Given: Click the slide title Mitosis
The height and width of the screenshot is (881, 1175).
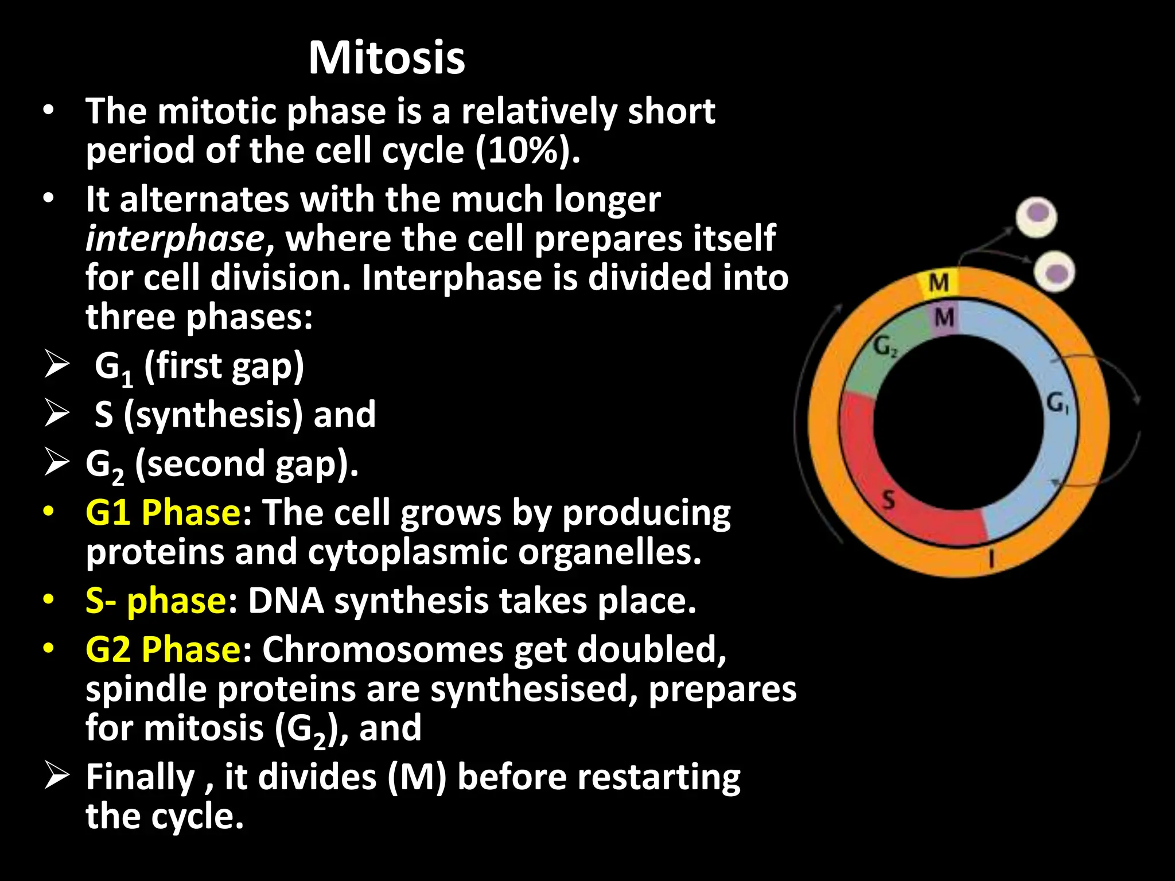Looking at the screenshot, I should [x=386, y=58].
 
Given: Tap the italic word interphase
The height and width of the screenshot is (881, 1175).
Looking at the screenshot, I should [x=174, y=239].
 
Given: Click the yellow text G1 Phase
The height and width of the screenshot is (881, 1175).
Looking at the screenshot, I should [x=162, y=512].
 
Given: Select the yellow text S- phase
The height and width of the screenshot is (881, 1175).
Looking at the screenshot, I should [x=155, y=601].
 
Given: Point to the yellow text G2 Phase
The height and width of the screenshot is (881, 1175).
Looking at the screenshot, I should [x=162, y=649].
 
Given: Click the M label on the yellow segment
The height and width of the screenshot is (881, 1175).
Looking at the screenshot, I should [x=939, y=283].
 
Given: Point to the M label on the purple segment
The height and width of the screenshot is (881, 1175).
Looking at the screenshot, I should [x=944, y=317].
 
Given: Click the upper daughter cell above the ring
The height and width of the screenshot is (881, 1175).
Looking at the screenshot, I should [x=1036, y=217].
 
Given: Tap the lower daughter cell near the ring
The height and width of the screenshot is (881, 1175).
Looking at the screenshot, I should [x=1055, y=271].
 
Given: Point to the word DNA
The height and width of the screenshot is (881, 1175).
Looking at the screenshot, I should [x=285, y=601].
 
